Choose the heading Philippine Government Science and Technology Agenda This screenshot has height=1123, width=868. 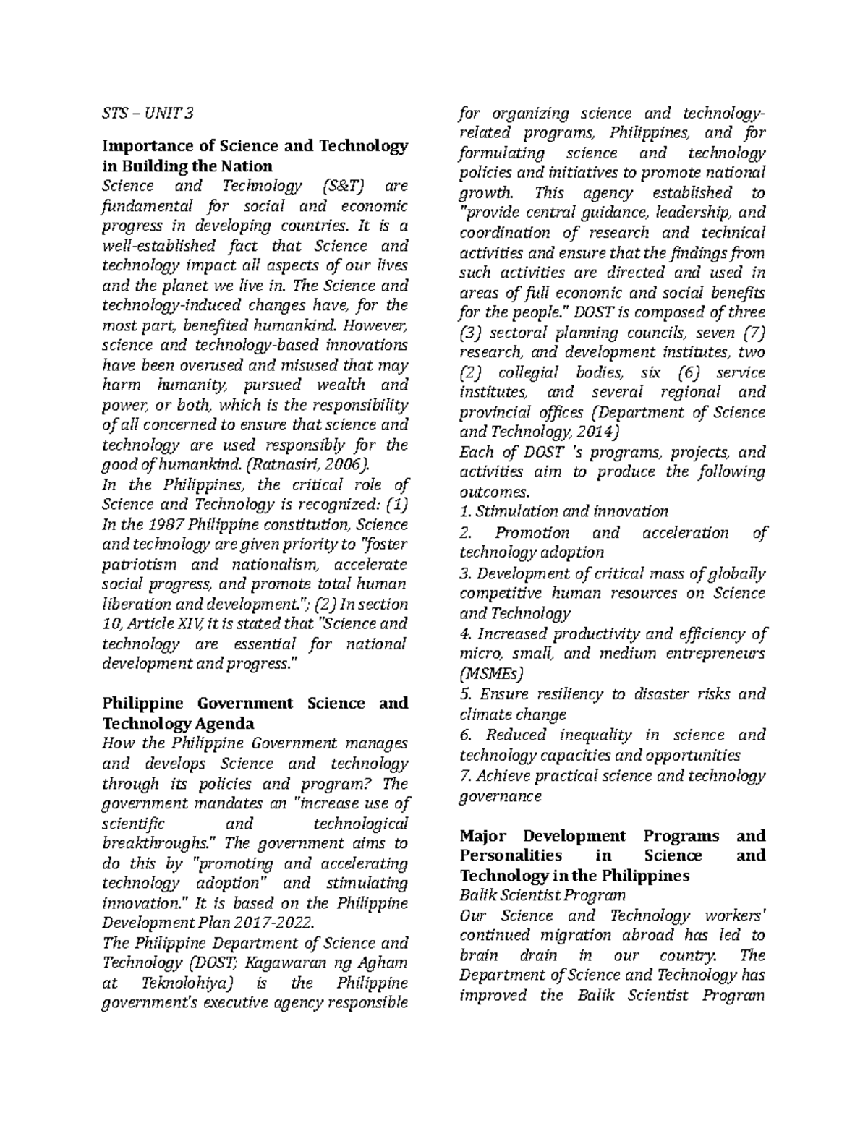pos(255,713)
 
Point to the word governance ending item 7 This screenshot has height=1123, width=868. pos(500,796)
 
